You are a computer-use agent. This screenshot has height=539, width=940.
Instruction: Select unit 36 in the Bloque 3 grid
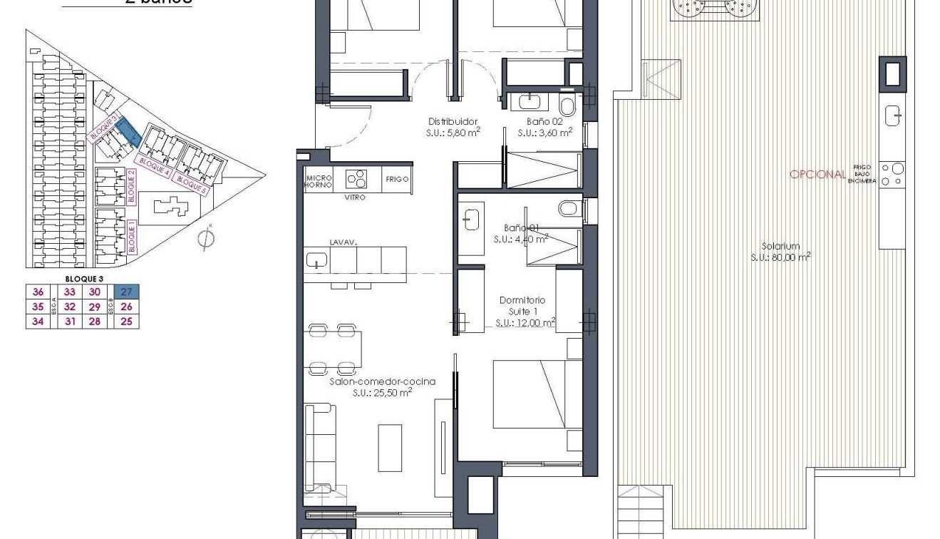[38, 292]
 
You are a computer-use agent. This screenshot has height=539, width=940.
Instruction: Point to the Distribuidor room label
[453, 122]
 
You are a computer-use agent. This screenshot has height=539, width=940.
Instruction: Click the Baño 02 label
[545, 122]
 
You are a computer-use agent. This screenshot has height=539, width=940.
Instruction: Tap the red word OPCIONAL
[817, 175]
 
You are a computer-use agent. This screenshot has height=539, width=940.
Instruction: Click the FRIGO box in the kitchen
[397, 180]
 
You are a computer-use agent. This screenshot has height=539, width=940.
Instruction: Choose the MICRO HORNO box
[318, 180]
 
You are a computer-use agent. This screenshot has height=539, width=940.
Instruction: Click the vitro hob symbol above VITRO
[356, 178]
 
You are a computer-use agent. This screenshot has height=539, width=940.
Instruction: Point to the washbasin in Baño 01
[471, 220]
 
